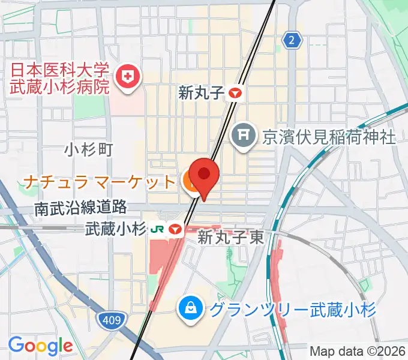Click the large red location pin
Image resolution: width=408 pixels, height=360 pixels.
point(205,175)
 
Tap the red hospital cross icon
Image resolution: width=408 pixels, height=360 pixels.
point(128,76)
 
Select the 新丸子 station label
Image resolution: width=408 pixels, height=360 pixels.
point(201,92)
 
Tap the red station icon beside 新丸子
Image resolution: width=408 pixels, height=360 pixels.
point(235,93)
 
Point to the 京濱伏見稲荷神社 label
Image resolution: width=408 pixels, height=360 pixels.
point(329,137)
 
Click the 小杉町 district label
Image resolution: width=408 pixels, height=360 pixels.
point(89,149)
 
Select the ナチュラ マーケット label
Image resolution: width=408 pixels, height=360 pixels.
point(100,180)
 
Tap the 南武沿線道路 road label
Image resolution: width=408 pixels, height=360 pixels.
point(80,208)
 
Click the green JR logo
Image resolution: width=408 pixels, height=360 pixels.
point(158,229)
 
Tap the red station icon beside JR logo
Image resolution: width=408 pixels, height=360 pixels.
point(175,229)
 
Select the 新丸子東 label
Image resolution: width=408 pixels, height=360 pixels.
point(231,237)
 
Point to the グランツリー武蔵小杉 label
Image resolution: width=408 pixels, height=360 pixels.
point(293,310)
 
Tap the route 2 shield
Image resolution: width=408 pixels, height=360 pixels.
point(292,40)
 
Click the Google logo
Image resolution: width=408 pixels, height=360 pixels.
point(40,346)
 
